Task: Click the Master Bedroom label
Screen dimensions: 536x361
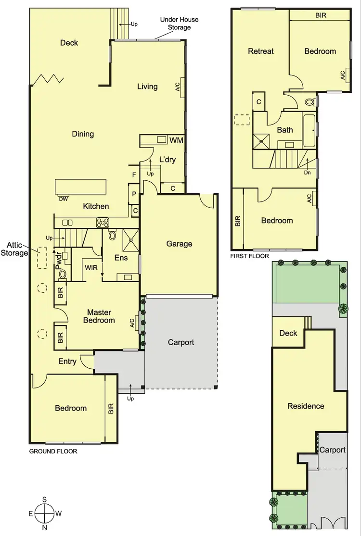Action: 99,316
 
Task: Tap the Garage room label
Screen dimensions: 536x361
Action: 179,244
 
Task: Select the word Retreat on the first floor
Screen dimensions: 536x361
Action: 260,51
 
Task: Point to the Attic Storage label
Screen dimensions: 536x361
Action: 14,249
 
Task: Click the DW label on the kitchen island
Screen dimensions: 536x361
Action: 63,198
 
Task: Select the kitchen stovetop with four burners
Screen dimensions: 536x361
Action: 103,222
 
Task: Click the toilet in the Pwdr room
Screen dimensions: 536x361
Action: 63,274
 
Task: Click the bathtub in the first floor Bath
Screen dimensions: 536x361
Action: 309,130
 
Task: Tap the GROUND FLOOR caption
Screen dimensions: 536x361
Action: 53,451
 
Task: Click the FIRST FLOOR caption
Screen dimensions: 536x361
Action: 249,256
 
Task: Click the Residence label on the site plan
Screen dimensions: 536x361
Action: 306,406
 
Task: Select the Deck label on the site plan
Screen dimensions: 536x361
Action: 288,333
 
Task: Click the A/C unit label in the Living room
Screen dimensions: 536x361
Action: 178,87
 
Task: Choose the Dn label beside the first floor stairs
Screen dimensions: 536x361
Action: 307,172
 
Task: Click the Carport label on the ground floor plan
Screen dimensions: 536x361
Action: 180,342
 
